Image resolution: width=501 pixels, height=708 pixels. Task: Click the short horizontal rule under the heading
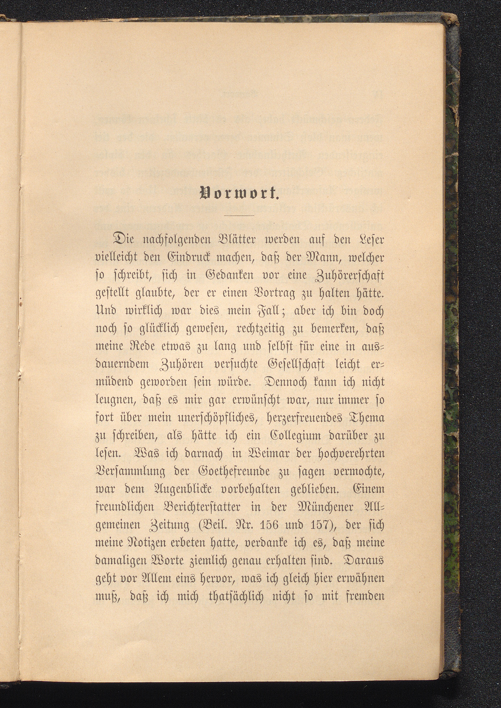[x=239, y=215]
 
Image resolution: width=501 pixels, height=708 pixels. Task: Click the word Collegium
[x=305, y=436]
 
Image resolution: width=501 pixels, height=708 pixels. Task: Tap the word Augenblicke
[x=168, y=489]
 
